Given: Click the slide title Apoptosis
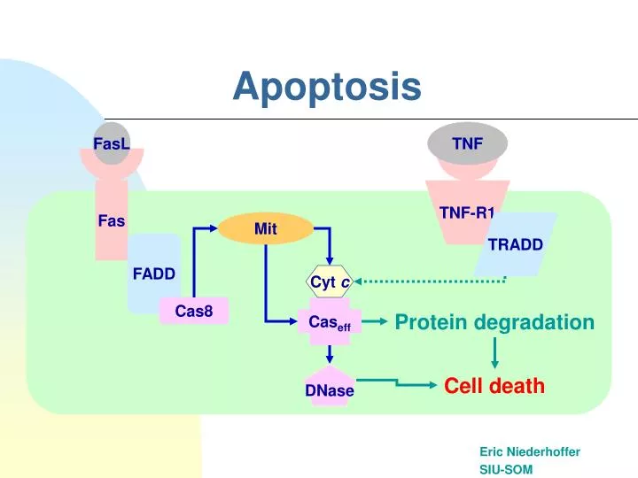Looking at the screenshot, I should pyautogui.click(x=327, y=87).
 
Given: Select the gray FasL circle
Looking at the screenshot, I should pyautogui.click(x=112, y=143).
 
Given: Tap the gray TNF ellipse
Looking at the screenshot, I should pyautogui.click(x=467, y=143).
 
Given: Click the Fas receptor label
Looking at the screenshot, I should pyautogui.click(x=111, y=220).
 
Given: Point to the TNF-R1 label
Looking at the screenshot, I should pyautogui.click(x=467, y=212).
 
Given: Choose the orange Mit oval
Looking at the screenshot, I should pyautogui.click(x=266, y=228).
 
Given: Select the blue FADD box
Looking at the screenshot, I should pyautogui.click(x=153, y=274).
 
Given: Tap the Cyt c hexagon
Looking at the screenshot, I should pyautogui.click(x=330, y=281).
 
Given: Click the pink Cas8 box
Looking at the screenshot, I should pyautogui.click(x=194, y=311).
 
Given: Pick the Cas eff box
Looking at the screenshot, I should pyautogui.click(x=330, y=324).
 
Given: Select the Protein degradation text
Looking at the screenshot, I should pyautogui.click(x=494, y=322).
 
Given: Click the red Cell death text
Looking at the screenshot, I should pyautogui.click(x=494, y=386).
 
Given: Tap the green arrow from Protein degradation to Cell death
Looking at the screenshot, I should pyautogui.click(x=494, y=353).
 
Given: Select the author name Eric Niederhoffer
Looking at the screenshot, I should pyautogui.click(x=530, y=451).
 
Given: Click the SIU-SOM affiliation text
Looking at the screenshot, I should pyautogui.click(x=506, y=469).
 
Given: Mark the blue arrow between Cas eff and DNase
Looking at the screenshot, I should pyautogui.click(x=330, y=354).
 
